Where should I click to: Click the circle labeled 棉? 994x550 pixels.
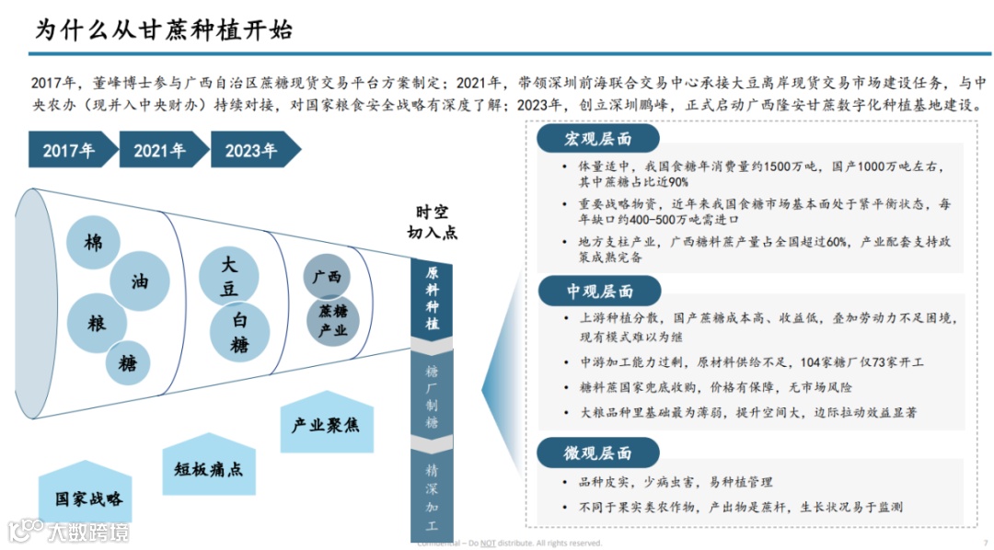[x=94, y=244]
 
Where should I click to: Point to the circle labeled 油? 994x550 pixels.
[x=140, y=281]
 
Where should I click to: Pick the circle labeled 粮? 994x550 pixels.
[x=96, y=324]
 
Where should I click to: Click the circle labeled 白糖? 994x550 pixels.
[x=240, y=332]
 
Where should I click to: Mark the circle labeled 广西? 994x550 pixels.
[x=327, y=277]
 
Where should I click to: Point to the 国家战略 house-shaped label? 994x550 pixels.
[x=87, y=497]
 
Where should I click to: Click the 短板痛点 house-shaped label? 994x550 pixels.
[x=209, y=466]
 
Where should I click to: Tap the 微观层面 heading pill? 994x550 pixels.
[x=598, y=453]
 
